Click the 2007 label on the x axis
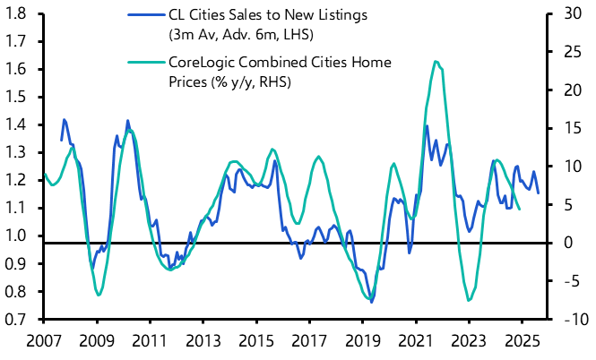tap(44, 341)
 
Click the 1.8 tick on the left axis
tap(18, 13)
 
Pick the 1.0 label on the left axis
tap(18, 236)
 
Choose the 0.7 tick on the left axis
tap(18, 319)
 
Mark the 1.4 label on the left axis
tap(18, 124)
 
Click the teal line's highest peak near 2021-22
tap(436, 61)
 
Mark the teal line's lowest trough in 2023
tap(469, 300)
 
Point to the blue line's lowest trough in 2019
tap(371, 303)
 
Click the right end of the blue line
tap(539, 193)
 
